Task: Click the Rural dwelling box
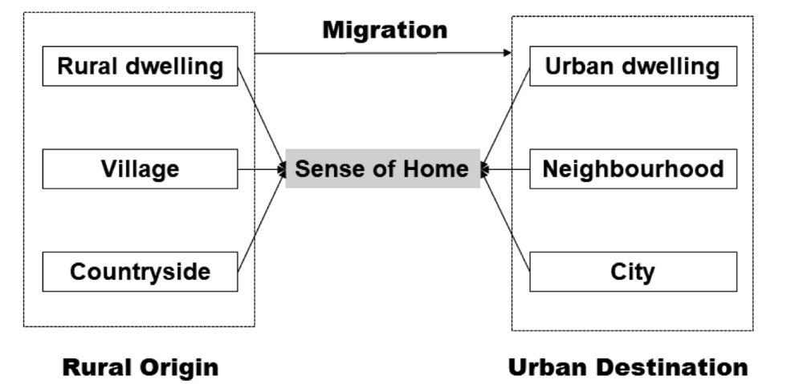(x=140, y=66)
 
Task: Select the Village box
(x=140, y=169)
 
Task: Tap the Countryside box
(x=140, y=272)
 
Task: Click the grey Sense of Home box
(x=382, y=169)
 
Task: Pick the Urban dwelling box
(x=633, y=66)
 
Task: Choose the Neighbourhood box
(x=633, y=169)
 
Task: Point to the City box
(x=633, y=272)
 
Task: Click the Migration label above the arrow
(x=385, y=30)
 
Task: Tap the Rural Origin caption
(x=141, y=368)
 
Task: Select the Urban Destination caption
(x=628, y=368)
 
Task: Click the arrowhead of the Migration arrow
(x=508, y=54)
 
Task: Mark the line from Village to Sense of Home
(x=261, y=169)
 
